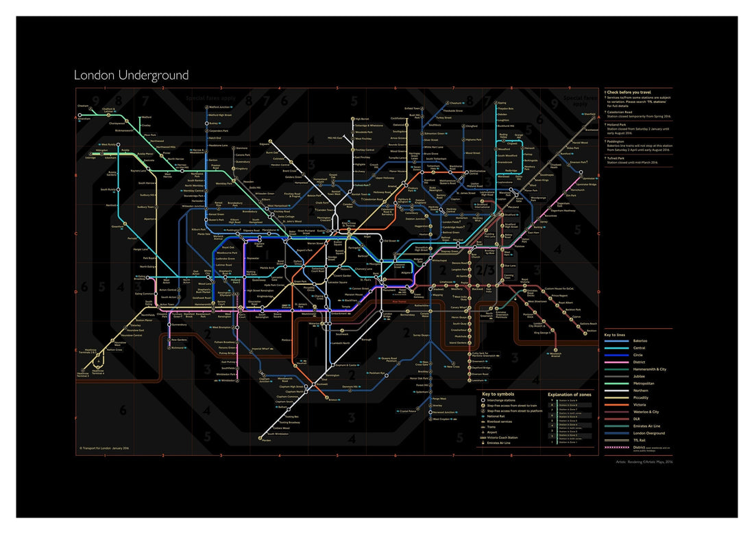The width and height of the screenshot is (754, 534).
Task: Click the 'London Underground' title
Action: coord(131,75)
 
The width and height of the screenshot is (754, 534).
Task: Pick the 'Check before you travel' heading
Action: coord(629,92)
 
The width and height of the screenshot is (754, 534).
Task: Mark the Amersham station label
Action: coord(84,119)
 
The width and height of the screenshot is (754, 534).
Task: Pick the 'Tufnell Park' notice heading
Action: coord(620,157)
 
